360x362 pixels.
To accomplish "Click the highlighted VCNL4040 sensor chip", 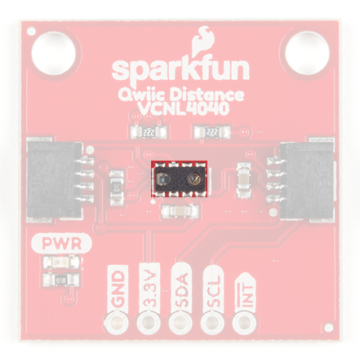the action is [180, 179].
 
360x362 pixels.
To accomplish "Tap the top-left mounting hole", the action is [53, 53].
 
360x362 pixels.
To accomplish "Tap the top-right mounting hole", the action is [306, 53].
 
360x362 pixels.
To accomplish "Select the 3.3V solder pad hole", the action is [149, 323].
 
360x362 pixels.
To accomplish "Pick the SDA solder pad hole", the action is [180, 323].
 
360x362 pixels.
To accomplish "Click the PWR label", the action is [62, 244].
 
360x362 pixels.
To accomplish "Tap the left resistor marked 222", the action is [149, 132].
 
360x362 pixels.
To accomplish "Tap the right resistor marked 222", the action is [211, 132].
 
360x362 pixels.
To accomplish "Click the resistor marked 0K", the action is [118, 188].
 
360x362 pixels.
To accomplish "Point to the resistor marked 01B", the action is [62, 280].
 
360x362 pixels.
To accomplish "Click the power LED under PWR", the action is [62, 263].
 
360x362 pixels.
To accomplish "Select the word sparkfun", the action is [180, 71].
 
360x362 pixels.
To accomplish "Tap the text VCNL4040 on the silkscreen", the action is [182, 109].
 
